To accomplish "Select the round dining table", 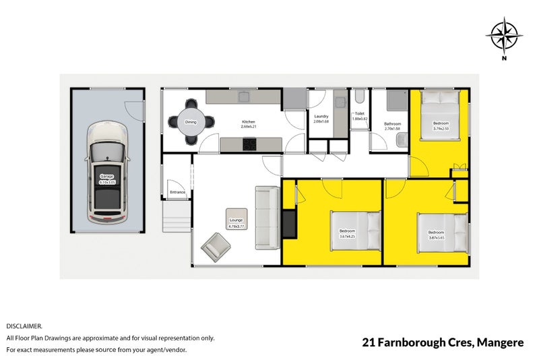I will pyautogui.click(x=191, y=122).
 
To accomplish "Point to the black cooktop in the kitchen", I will pyautogui.click(x=251, y=144).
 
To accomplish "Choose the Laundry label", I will pyautogui.click(x=321, y=118).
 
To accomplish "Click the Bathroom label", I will pyautogui.click(x=393, y=125).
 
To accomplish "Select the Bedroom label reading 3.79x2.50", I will pyautogui.click(x=441, y=125).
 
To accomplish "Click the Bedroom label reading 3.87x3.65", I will pyautogui.click(x=437, y=235).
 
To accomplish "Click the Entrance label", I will pyautogui.click(x=178, y=192).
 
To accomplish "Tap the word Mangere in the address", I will pyautogui.click(x=500, y=343).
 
